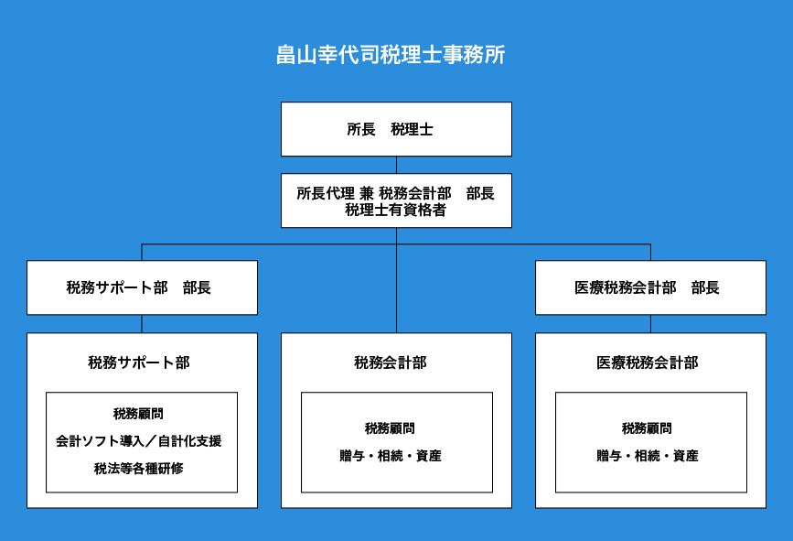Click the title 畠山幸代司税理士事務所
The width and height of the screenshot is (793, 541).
pyautogui.click(x=391, y=55)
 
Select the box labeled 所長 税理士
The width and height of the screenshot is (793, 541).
pyautogui.click(x=397, y=129)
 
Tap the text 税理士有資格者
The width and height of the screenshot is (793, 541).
pyautogui.click(x=395, y=210)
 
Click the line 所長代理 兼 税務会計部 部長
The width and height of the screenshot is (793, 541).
pyautogui.click(x=395, y=193)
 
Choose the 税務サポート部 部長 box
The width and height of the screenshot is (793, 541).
pyautogui.click(x=142, y=287)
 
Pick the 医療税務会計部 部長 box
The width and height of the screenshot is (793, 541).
pyautogui.click(x=650, y=287)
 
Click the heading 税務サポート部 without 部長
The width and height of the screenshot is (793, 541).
pyautogui.click(x=139, y=362)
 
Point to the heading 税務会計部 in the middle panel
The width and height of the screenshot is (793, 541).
pyautogui.click(x=391, y=362)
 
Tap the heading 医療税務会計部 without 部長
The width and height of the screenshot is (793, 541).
pyautogui.click(x=647, y=362)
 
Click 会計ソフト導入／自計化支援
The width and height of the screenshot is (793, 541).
pyautogui.click(x=139, y=441)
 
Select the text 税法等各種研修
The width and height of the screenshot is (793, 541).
pyautogui.click(x=139, y=469)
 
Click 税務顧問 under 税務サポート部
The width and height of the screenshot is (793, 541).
pyautogui.click(x=139, y=414)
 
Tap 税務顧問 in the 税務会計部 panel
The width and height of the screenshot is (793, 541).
pyautogui.click(x=390, y=428)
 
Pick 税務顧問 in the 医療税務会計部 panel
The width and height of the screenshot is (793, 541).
pyautogui.click(x=647, y=428)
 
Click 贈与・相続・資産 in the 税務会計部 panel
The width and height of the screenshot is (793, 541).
pyautogui.click(x=391, y=456)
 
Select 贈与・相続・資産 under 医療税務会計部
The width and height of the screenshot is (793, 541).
pyautogui.click(x=648, y=456)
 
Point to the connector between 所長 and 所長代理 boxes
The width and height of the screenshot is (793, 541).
pyautogui.click(x=397, y=165)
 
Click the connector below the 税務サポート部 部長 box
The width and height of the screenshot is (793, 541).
pyautogui.click(x=142, y=324)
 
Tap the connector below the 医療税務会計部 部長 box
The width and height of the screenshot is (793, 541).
pyautogui.click(x=651, y=324)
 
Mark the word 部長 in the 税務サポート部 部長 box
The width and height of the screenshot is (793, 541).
pyautogui.click(x=197, y=287)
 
